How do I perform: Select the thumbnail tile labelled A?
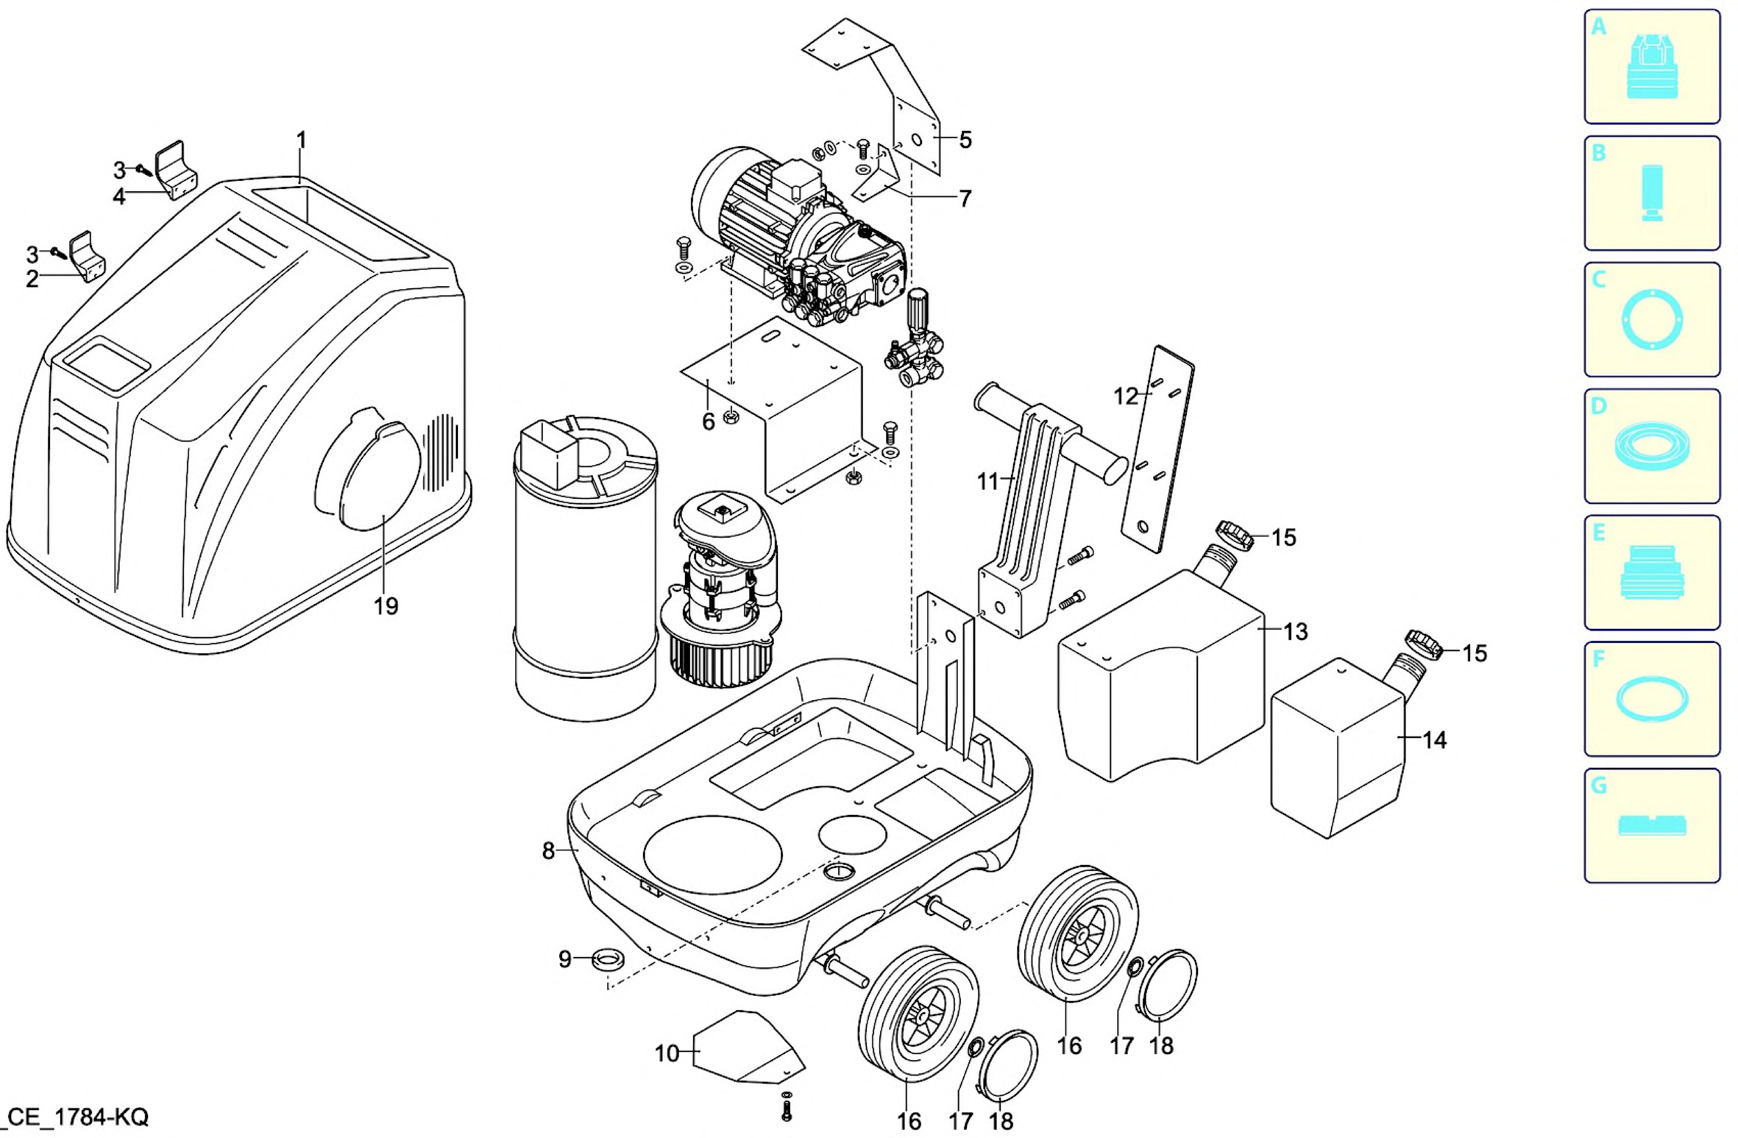coord(1652,66)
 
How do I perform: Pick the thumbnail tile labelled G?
coord(1652,825)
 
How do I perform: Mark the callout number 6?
coord(708,422)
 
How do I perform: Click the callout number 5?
coord(965,139)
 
